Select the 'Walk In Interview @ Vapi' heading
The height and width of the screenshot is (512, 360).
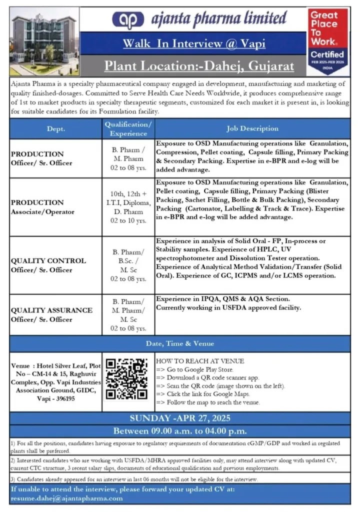(194, 43)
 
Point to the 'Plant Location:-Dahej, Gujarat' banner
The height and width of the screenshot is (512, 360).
(199, 65)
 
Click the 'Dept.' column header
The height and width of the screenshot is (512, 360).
(55, 128)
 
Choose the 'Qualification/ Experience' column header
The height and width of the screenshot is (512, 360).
(128, 128)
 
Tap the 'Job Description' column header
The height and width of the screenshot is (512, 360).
(252, 128)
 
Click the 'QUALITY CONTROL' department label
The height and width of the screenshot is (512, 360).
(48, 260)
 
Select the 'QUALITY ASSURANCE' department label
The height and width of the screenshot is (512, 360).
(52, 310)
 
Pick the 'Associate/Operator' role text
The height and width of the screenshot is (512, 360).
(42, 211)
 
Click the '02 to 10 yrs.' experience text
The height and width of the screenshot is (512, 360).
(128, 220)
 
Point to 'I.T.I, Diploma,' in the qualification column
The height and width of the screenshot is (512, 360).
(128, 202)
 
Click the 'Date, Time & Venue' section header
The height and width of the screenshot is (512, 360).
(180, 343)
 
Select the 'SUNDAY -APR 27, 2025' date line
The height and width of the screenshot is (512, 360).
(180, 418)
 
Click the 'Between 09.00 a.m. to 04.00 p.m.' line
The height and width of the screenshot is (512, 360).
(180, 430)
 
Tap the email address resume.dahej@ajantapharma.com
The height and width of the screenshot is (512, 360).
(66, 498)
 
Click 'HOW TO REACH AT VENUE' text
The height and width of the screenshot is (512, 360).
(193, 360)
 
